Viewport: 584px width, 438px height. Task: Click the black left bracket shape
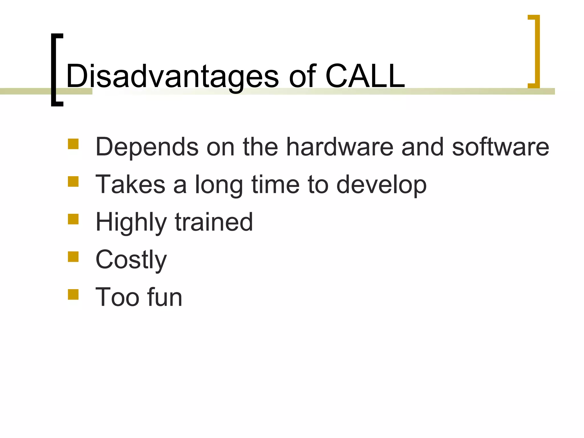pos(54,70)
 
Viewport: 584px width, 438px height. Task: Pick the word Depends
pos(147,147)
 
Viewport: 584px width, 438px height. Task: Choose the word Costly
pos(131,260)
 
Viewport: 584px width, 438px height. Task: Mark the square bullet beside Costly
pos(73,257)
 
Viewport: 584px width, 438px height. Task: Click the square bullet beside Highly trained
pos(73,219)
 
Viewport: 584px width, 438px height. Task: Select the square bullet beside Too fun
pos(73,295)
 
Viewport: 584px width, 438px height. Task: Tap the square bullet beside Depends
pos(73,144)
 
